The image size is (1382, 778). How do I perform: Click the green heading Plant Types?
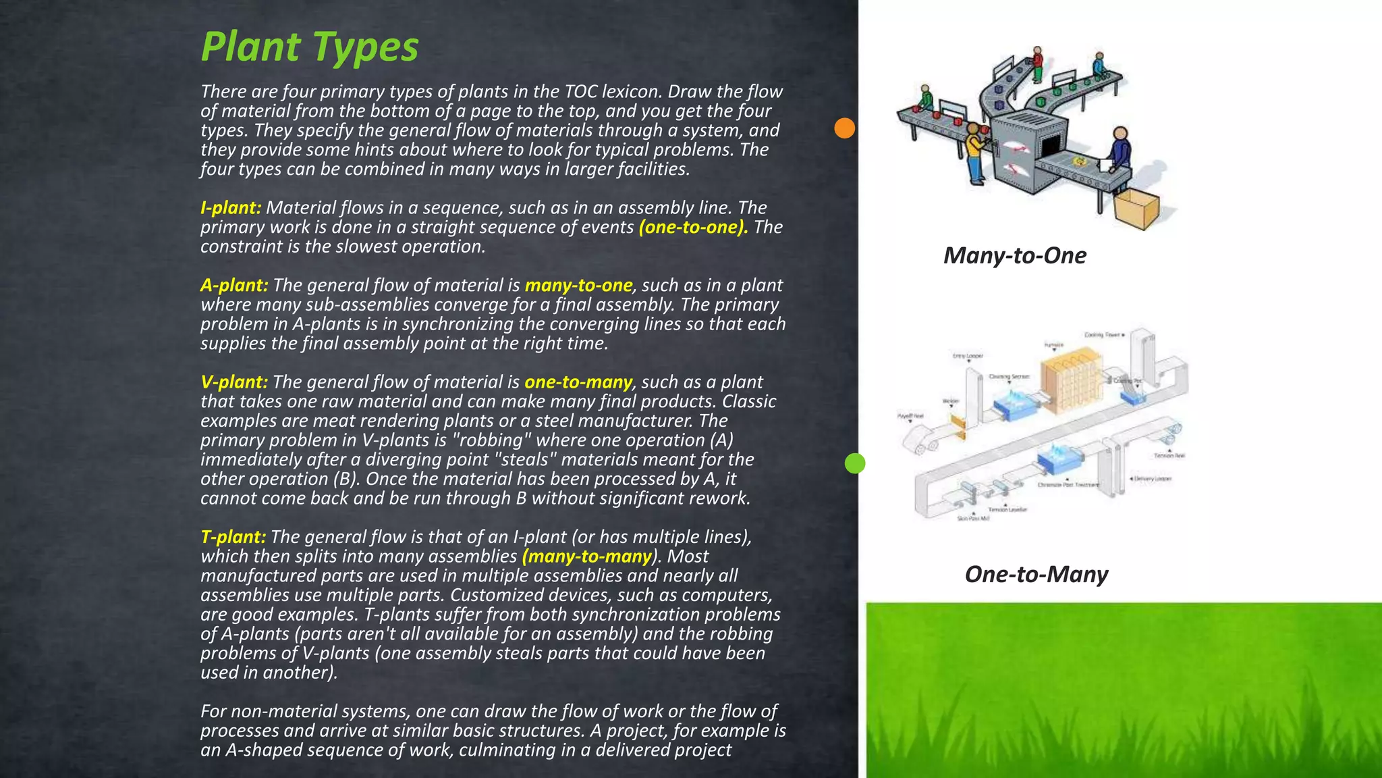(x=310, y=47)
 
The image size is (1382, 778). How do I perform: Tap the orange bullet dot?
(x=844, y=128)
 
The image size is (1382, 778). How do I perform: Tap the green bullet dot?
(x=854, y=463)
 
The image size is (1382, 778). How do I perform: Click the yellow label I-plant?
(x=231, y=207)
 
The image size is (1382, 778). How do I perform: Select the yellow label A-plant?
(x=234, y=285)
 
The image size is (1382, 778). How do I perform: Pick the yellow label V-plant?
(x=234, y=382)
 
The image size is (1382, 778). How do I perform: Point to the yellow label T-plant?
(x=233, y=537)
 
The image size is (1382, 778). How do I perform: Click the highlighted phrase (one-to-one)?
(x=693, y=227)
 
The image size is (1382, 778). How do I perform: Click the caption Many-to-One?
(x=1014, y=255)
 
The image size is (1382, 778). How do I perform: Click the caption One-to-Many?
(x=1036, y=574)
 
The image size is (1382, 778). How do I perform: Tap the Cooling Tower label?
(x=1104, y=335)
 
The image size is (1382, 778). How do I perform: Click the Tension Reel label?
(x=1169, y=455)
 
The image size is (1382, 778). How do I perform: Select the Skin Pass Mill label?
(x=973, y=518)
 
